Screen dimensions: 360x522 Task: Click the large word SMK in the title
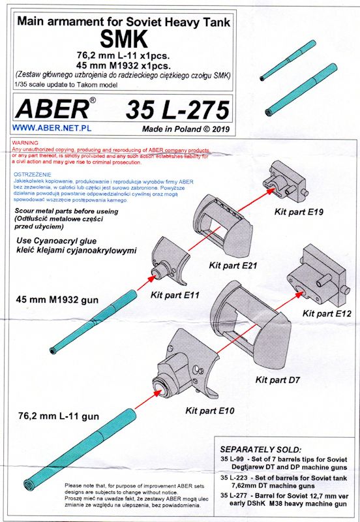pos(124,40)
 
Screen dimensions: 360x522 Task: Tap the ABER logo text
pos(53,110)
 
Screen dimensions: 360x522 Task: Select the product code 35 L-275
pos(177,110)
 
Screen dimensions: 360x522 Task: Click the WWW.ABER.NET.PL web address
pos(52,128)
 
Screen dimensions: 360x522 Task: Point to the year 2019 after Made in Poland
pos(220,129)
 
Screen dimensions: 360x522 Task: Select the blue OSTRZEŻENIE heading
pos(33,174)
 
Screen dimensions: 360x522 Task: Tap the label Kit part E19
pos(299,211)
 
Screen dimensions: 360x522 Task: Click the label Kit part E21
pos(233,266)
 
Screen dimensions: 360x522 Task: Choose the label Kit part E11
pos(175,295)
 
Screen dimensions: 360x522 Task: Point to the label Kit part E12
pos(327,314)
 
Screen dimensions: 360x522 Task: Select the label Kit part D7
pos(277,380)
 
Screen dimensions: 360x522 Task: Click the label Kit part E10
pos(209,410)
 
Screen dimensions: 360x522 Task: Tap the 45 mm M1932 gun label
pos(57,299)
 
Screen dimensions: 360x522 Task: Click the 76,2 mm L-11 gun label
pos(59,416)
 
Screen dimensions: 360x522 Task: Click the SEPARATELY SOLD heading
pos(260,450)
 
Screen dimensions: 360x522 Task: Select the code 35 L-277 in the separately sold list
pos(232,495)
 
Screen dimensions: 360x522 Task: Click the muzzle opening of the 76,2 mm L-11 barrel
pos(29,484)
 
